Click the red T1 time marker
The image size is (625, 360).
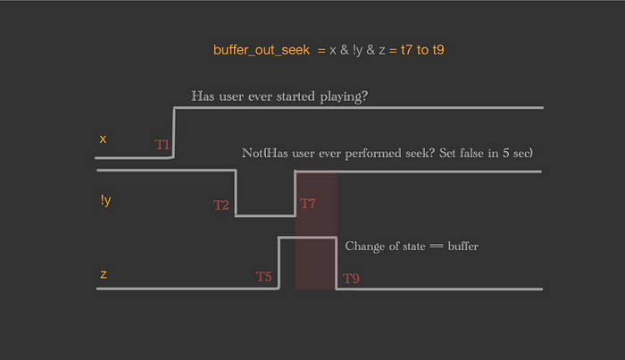(x=162, y=145)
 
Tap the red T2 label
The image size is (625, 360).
(x=221, y=205)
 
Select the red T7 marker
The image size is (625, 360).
(x=308, y=204)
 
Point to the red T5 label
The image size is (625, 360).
(x=263, y=276)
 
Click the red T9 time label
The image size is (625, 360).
(x=351, y=279)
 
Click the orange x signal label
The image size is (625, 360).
(x=103, y=138)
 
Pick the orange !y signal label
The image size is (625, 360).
(x=105, y=200)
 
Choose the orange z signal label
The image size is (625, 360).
(x=104, y=274)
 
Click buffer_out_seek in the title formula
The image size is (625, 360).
(x=262, y=50)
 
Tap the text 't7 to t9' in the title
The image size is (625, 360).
(x=422, y=50)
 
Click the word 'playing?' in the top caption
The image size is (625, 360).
(x=344, y=96)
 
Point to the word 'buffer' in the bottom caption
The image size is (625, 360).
(x=463, y=246)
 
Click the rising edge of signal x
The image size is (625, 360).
(x=174, y=132)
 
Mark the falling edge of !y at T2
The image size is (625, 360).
(x=236, y=193)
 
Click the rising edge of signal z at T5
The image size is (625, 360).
(x=279, y=264)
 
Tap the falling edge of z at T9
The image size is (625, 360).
(x=337, y=264)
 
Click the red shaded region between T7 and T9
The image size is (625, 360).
(x=316, y=230)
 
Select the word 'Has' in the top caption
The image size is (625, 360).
(x=203, y=96)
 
